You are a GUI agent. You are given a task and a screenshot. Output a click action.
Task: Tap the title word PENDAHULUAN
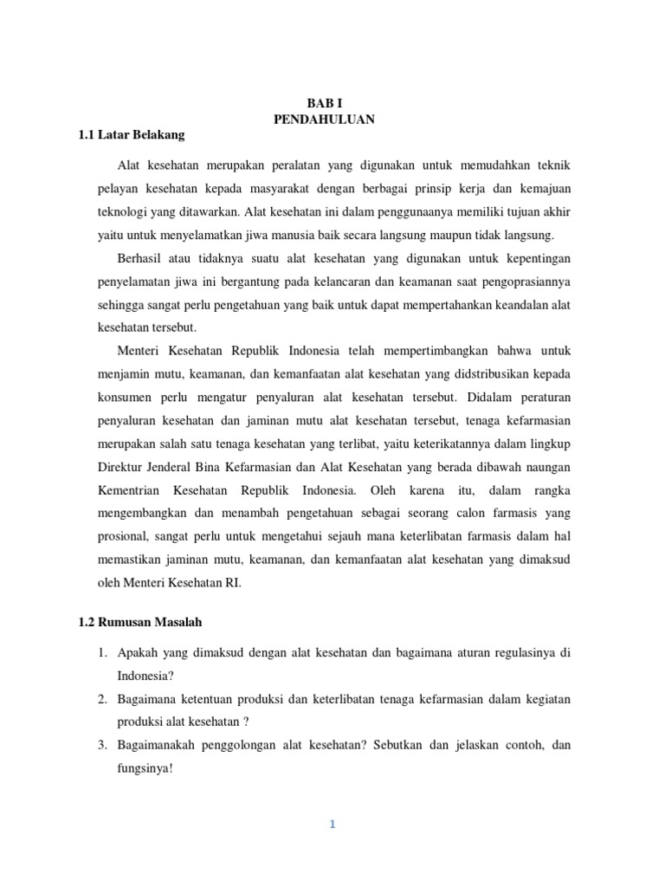(325, 120)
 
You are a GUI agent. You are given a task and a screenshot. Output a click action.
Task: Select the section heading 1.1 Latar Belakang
(139, 135)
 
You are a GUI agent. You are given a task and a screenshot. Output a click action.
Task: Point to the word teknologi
(122, 212)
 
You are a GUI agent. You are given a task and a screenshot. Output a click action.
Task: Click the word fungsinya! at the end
(145, 767)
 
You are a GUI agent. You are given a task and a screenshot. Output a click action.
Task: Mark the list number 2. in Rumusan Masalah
(101, 698)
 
